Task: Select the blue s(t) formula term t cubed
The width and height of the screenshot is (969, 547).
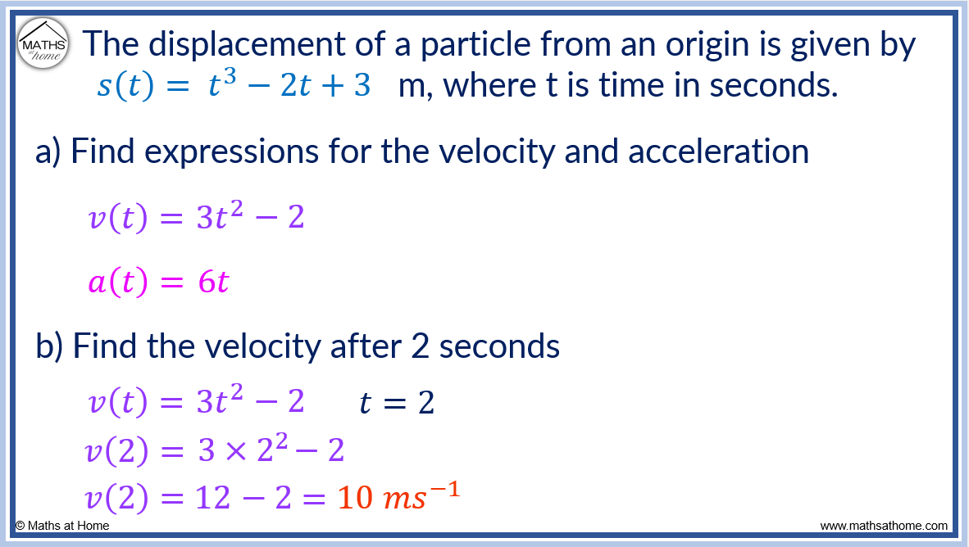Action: pyautogui.click(x=221, y=85)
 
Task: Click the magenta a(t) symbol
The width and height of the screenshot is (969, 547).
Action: pyautogui.click(x=117, y=283)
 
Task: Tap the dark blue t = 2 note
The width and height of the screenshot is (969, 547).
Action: pyautogui.click(x=397, y=402)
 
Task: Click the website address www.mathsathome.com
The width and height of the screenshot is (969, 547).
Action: pyautogui.click(x=884, y=526)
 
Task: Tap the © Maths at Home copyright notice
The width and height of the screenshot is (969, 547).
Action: pyautogui.click(x=62, y=526)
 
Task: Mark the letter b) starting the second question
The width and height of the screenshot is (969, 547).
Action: pyautogui.click(x=50, y=347)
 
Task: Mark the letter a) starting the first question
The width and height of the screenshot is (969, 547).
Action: pyautogui.click(x=49, y=152)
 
